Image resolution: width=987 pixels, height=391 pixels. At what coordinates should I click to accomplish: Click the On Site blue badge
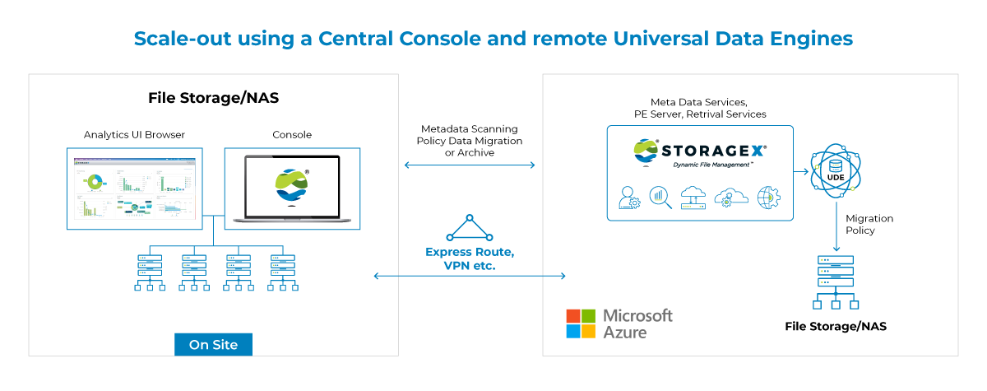point(213,345)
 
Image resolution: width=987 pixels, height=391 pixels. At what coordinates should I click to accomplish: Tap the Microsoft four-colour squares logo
point(580,324)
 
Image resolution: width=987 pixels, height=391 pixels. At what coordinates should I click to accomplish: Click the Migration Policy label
point(869,224)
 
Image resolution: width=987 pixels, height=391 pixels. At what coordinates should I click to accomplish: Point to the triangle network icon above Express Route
point(470,228)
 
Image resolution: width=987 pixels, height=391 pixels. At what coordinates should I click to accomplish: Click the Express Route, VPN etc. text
point(470,258)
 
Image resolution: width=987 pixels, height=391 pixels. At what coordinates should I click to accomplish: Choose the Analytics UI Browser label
point(134,134)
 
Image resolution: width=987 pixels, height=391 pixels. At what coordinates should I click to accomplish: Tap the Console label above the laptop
point(292,134)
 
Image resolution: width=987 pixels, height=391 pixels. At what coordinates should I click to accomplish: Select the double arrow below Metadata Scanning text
point(470,165)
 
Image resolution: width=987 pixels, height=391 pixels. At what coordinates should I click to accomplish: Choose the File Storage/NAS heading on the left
point(212,97)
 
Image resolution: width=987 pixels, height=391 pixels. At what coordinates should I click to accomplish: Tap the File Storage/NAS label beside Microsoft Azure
point(836,327)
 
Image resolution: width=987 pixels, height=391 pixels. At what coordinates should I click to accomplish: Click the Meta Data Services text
point(700,100)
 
